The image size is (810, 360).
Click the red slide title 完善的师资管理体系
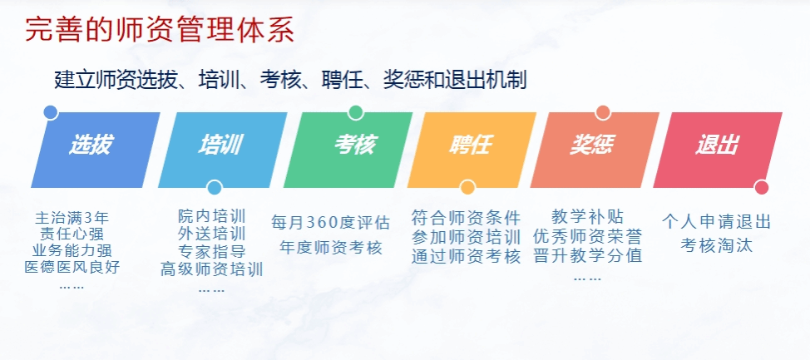(x=160, y=31)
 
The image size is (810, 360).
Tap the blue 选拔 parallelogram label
(x=91, y=145)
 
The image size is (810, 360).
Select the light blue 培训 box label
(x=220, y=145)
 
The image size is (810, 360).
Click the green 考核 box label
(x=355, y=145)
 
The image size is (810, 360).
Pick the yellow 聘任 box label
(x=470, y=145)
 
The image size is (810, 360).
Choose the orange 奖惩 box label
(x=592, y=145)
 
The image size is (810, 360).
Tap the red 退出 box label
(x=717, y=145)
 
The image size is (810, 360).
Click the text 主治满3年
(x=72, y=218)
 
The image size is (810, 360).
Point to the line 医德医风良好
(x=72, y=267)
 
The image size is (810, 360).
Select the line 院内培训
(x=212, y=216)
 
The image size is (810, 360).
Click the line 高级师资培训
(x=212, y=269)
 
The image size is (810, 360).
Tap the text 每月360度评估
(x=331, y=223)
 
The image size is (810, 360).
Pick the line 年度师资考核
(x=331, y=248)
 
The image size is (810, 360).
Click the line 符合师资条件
(x=467, y=218)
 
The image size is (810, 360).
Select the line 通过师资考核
(x=467, y=257)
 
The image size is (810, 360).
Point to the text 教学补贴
(x=588, y=216)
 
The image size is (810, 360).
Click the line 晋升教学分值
(x=588, y=255)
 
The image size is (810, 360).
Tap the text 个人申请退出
(x=717, y=222)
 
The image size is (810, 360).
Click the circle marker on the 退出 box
(x=762, y=187)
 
